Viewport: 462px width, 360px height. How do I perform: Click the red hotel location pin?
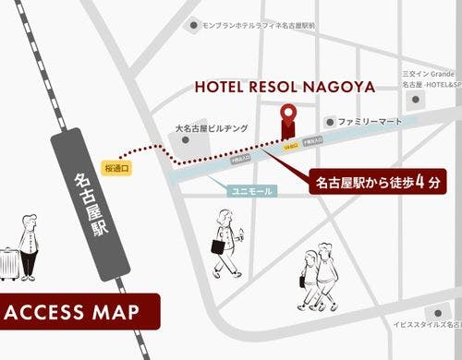tap(289, 116)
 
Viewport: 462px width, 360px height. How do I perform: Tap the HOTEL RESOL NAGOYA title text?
tap(285, 87)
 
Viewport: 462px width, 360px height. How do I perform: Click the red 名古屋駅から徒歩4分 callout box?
tap(378, 181)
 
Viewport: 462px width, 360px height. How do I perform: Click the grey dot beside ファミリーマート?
tap(330, 121)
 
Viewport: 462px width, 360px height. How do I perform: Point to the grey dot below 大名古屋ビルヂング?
tap(191, 143)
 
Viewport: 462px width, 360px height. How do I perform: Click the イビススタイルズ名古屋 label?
tap(425, 325)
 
